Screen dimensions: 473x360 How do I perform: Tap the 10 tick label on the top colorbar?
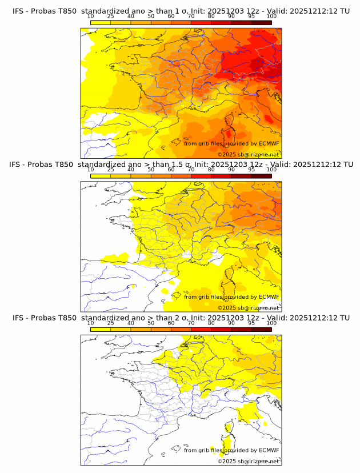91,17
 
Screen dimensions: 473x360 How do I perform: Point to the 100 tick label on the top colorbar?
271,17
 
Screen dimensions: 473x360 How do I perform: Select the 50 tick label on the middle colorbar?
151,170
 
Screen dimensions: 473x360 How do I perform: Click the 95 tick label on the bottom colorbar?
251,323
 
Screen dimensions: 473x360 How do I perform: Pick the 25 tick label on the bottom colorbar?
110,323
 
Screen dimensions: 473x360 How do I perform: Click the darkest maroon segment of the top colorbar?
261,22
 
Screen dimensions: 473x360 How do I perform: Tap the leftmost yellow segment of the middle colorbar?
101,176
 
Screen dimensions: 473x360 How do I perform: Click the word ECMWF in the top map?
269,144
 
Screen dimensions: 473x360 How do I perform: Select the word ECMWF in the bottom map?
269,450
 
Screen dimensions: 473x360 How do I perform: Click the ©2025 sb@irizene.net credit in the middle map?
249,308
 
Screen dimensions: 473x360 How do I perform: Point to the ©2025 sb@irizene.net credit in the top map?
249,155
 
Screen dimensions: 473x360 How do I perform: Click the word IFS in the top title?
19,11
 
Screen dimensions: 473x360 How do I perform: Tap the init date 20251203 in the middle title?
225,165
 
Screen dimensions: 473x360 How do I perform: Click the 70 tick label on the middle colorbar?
191,170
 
